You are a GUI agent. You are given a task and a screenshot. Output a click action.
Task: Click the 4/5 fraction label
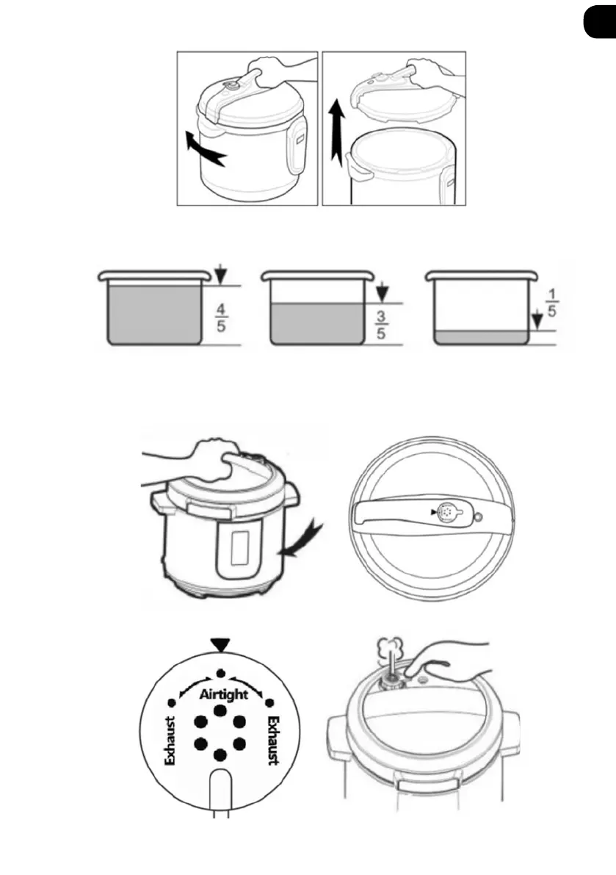221,317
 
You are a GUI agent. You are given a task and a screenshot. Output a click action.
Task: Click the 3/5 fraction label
381,325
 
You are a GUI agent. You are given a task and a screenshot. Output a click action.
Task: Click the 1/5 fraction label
551,303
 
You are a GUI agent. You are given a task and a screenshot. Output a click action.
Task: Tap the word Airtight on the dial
223,695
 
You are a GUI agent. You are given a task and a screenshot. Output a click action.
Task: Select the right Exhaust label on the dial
273,740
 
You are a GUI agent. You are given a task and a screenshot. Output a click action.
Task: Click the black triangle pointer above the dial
221,645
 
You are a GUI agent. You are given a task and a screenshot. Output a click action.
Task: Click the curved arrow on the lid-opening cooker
204,150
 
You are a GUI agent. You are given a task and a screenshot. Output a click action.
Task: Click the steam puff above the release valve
388,648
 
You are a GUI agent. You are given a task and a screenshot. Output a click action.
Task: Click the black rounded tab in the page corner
600,22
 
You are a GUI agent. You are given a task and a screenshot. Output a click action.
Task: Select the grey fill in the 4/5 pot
153,314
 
